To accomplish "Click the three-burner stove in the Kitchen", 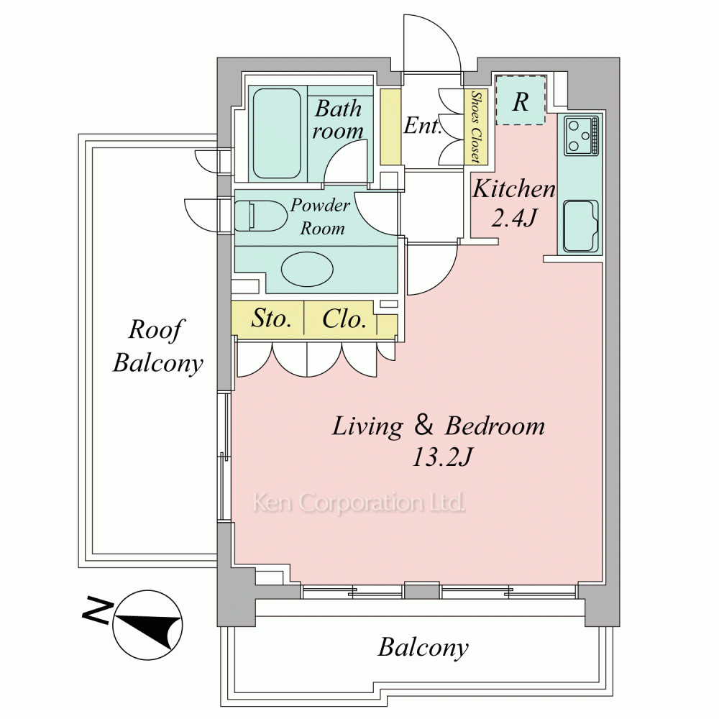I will coord(582,135).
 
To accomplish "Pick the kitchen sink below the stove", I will coord(582,226).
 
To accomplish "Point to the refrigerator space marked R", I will coord(521,101).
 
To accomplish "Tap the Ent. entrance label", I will coord(422,127).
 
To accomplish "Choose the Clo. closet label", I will coord(344,319).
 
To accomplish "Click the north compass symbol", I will coord(148,625).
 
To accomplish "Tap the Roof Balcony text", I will coord(157,347).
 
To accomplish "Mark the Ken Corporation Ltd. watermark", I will coord(358,503).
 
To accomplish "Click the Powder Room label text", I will coord(321,216).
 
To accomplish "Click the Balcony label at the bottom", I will coord(423,648).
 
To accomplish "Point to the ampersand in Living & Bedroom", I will coord(424,426).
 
